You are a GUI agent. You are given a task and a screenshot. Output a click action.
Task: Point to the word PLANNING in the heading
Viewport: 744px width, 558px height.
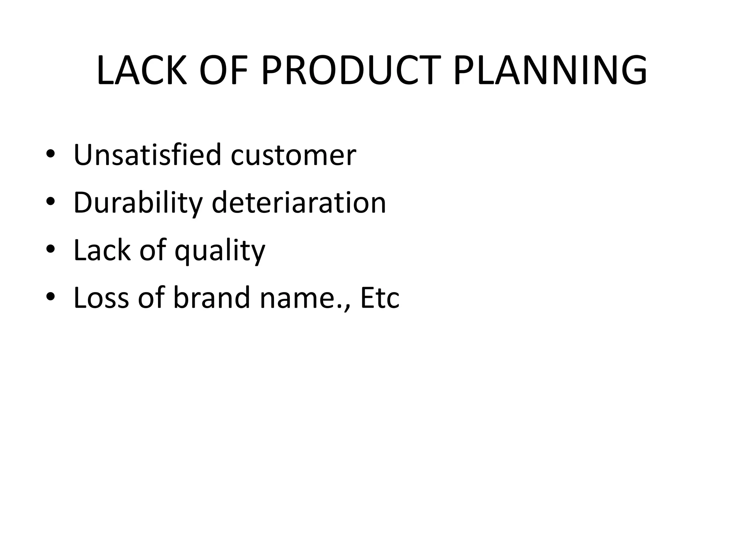coord(550,71)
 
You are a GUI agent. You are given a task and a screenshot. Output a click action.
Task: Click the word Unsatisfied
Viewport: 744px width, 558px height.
coord(147,155)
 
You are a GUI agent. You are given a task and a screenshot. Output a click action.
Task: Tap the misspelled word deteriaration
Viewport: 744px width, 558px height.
coord(299,203)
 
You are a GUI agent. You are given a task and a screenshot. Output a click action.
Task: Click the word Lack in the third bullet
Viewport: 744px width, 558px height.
coord(102,250)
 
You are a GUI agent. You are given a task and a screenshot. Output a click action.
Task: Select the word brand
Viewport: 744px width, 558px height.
coord(211,298)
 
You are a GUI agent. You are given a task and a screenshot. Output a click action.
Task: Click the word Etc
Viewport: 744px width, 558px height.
coord(380,298)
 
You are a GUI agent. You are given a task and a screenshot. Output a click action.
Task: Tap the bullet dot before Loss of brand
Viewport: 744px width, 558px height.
coord(50,297)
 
